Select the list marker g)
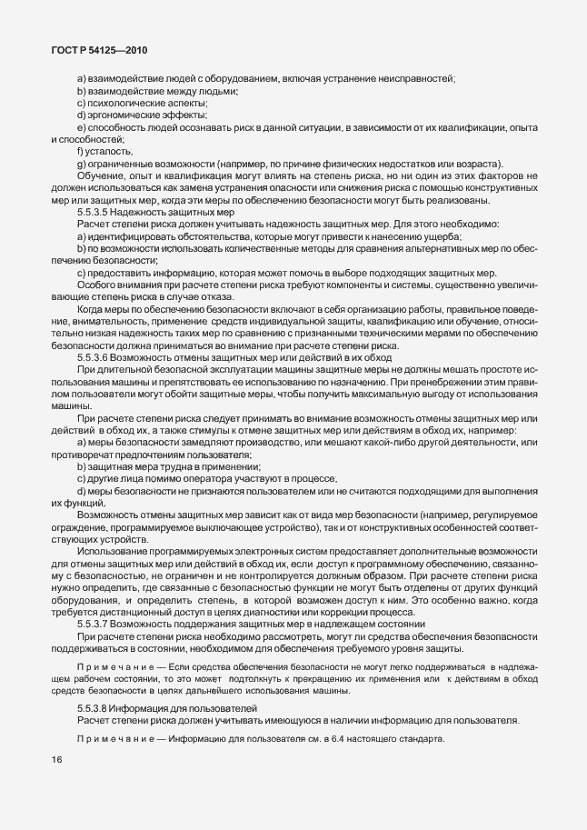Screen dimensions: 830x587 (82, 163)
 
